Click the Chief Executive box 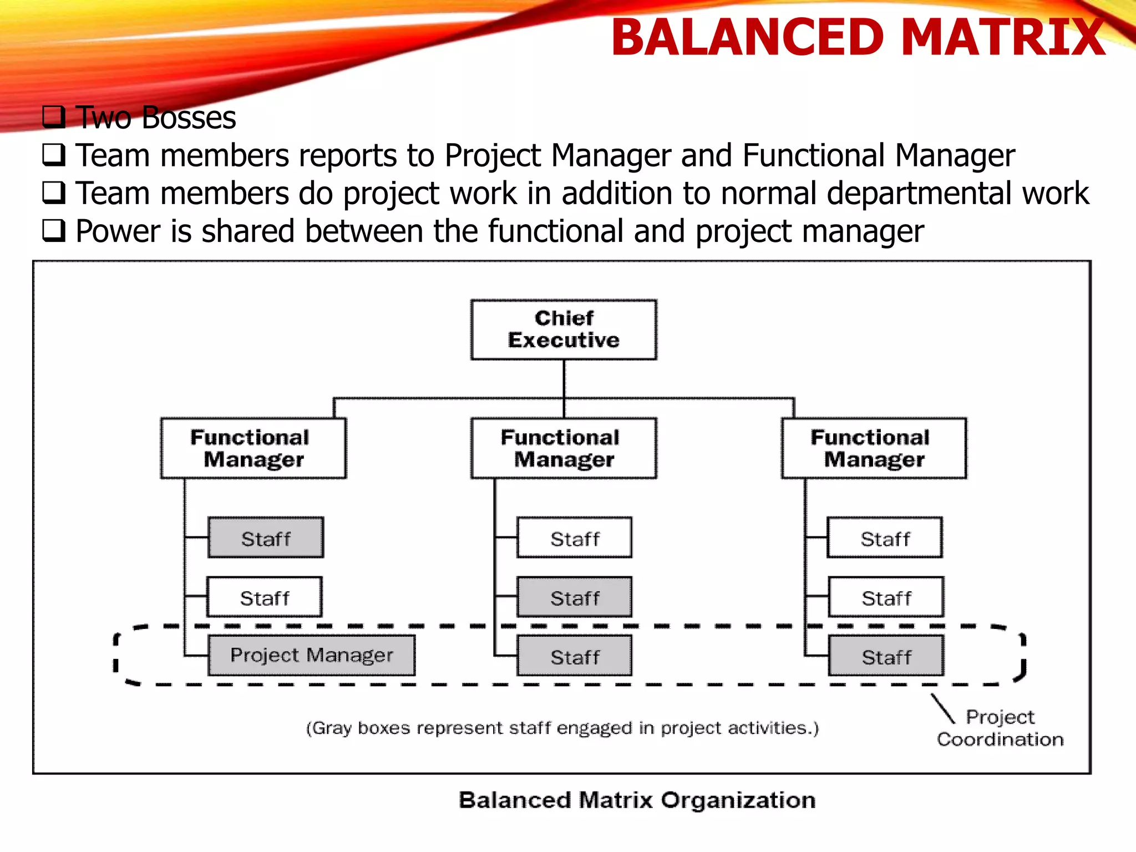pos(564,329)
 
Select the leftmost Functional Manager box pos(253,448)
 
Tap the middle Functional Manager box pos(564,448)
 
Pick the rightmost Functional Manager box pos(874,448)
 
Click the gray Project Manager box pos(311,655)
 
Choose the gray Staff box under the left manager pos(266,537)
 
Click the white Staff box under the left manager pos(265,597)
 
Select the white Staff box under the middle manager pos(574,537)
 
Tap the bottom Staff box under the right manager pos(886,656)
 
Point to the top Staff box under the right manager pos(885,537)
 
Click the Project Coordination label pos(1000,728)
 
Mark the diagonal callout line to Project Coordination pos(943,708)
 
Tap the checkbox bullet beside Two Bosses pos(54,117)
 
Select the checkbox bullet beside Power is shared pos(54,231)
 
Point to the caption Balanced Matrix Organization pos(637,800)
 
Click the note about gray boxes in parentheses pos(562,728)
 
